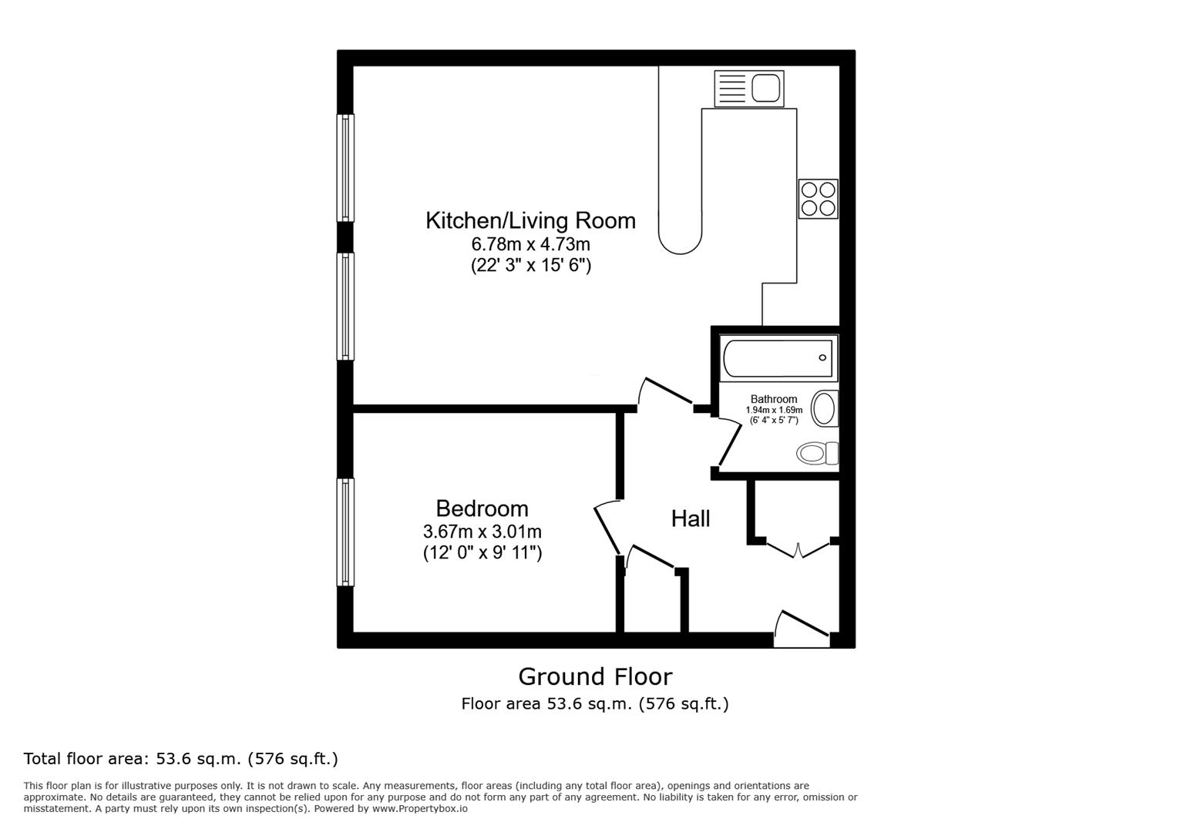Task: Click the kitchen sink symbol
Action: (748, 89)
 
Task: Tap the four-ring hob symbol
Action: (818, 199)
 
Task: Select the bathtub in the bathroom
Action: (778, 358)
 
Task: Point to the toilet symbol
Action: (817, 453)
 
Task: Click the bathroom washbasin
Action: (825, 408)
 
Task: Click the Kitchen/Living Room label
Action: (530, 221)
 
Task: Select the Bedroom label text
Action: (482, 508)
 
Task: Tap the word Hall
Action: (690, 519)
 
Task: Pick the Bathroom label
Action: (774, 399)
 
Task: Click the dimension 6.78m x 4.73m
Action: (530, 245)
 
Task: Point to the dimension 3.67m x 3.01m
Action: (482, 532)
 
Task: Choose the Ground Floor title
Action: (595, 676)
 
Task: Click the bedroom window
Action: (346, 532)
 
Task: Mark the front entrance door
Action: (802, 629)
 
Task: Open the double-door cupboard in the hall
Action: (798, 549)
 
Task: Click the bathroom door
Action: (729, 443)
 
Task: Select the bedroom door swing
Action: (607, 526)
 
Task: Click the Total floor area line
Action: (181, 759)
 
